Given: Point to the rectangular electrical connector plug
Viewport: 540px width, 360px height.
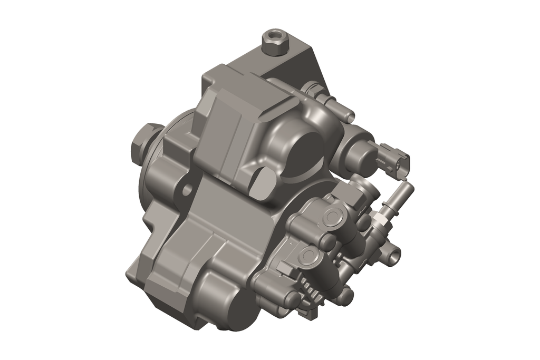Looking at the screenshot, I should coord(397,160).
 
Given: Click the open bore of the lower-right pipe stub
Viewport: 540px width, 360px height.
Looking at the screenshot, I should coord(394,256).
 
